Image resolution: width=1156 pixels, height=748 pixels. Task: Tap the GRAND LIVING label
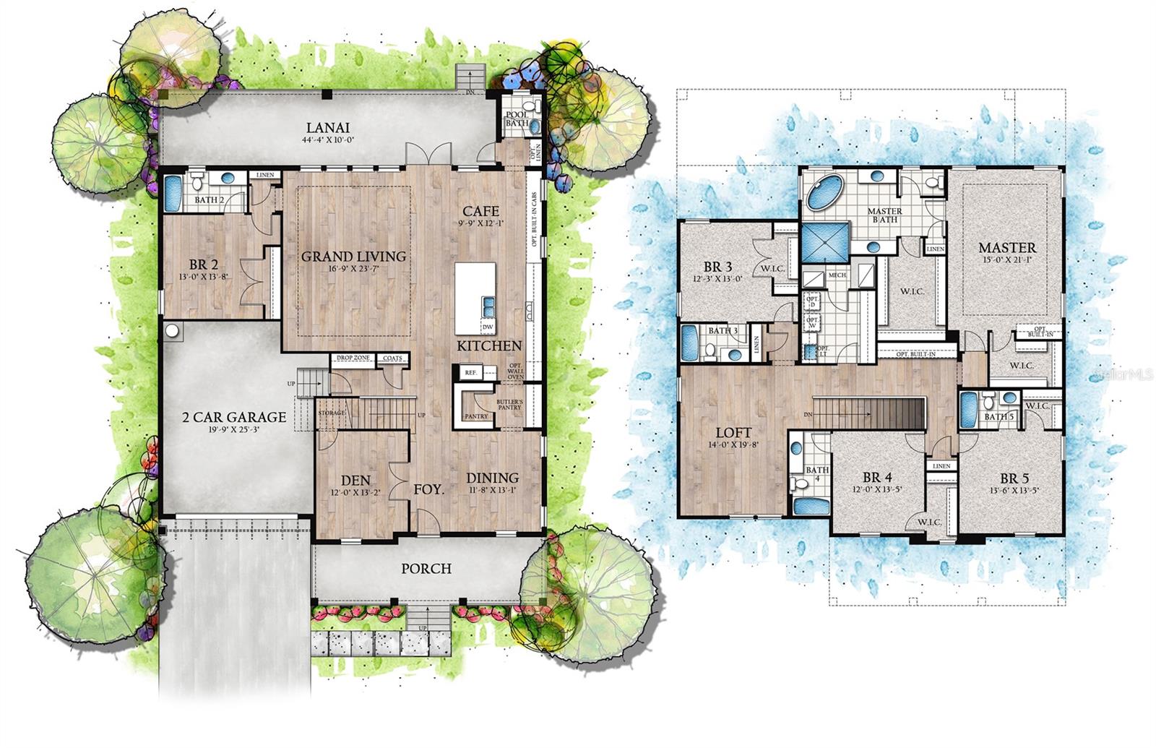click(x=353, y=257)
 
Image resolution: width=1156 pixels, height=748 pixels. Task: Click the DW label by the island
click(x=488, y=327)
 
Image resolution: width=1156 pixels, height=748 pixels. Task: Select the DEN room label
click(x=356, y=481)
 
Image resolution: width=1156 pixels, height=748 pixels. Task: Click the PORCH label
click(x=426, y=569)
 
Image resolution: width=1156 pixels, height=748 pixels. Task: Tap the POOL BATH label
click(x=517, y=119)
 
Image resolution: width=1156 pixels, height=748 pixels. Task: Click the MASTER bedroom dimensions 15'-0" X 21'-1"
click(x=1007, y=259)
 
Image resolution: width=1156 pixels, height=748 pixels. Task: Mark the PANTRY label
click(x=476, y=416)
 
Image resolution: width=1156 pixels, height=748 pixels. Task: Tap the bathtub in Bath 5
click(x=968, y=408)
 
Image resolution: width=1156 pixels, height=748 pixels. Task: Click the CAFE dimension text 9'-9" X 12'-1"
click(x=480, y=223)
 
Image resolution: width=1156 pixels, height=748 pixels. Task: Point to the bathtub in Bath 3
click(x=689, y=342)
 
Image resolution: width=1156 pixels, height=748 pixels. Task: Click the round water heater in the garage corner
click(x=173, y=330)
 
